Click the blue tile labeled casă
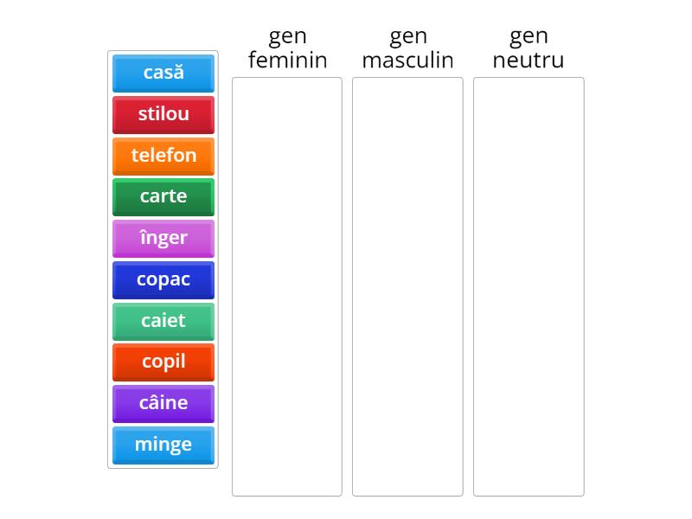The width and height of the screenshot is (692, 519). pos(163,73)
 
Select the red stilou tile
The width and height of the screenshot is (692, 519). pos(163,114)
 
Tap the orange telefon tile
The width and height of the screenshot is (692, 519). pos(163,156)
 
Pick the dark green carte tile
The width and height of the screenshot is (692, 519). pos(163,196)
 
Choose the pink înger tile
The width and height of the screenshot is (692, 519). pos(163,238)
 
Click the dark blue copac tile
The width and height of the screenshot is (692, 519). pos(163,279)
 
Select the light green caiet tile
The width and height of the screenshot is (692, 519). pos(163,321)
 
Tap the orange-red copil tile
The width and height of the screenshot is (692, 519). pos(163,362)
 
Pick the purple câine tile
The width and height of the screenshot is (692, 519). pos(163,403)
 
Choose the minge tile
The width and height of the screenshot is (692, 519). pos(163,445)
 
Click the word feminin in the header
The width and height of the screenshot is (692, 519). pos(287,60)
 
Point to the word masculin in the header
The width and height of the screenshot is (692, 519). pos(407,60)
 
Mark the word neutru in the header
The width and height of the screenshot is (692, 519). pos(528,60)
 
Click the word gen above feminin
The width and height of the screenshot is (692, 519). pos(287,36)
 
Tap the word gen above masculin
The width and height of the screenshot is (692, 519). pos(407,36)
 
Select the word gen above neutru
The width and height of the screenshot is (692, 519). pos(528,36)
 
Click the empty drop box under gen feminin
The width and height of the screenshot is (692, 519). pos(287,285)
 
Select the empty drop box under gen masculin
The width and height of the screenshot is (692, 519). pos(407,285)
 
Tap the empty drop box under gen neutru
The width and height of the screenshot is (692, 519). pos(528,285)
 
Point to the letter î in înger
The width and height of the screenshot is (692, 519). pos(143,237)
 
